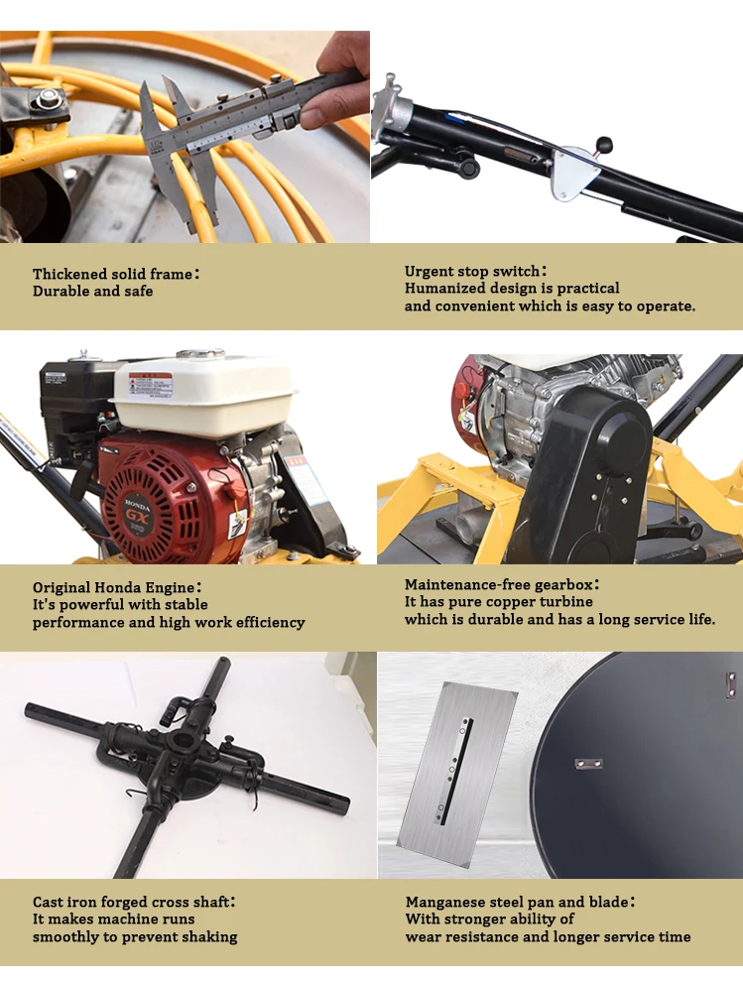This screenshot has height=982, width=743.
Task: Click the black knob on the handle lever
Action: (x=604, y=144)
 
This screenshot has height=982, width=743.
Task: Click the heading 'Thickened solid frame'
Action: (x=115, y=274)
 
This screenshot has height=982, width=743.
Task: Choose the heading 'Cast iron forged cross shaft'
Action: (x=134, y=902)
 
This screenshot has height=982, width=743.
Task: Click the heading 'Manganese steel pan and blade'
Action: (x=520, y=902)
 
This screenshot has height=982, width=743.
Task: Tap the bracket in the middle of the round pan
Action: (x=588, y=764)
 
